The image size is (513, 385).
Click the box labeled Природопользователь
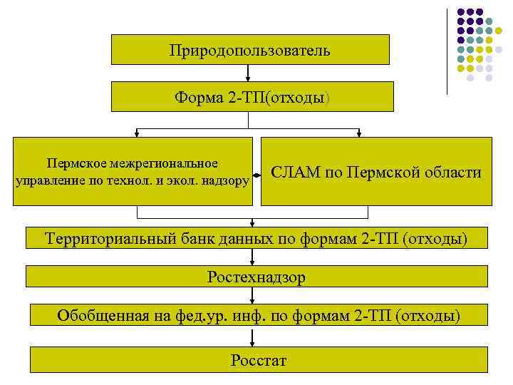coord(249,50)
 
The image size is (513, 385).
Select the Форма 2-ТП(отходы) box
coord(249,96)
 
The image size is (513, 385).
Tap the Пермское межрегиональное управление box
coord(133,172)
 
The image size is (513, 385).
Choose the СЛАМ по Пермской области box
coord(376,172)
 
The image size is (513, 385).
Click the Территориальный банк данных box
coord(256,238)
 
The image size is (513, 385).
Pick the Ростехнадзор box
coord(256,277)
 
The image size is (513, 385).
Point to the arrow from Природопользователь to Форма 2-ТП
coord(247,73)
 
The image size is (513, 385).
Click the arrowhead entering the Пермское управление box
coord(136,133)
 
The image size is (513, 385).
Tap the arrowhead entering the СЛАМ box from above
coord(359,133)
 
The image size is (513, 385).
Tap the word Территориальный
coord(110,238)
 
